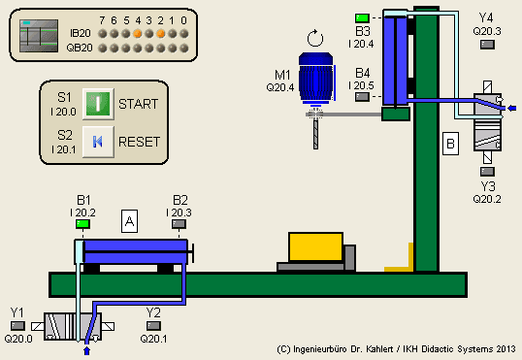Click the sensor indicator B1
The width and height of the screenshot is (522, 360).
(82, 225)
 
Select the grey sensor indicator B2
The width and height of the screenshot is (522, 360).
(180, 225)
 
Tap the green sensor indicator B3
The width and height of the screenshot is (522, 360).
(363, 17)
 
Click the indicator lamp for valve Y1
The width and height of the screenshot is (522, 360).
(17, 326)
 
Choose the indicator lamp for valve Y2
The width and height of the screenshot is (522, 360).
(153, 326)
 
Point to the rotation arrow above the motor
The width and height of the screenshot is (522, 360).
(312, 40)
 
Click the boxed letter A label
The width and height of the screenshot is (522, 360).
(129, 221)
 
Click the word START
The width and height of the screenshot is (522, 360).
(138, 103)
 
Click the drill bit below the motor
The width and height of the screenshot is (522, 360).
(315, 131)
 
